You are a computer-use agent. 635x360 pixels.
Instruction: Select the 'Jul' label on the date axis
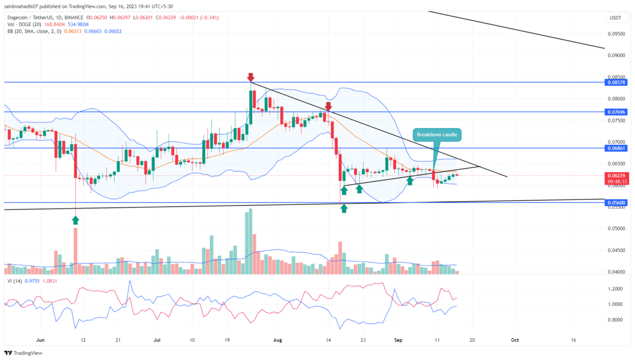(x=157, y=340)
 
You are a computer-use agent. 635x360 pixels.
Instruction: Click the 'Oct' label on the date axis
(x=514, y=340)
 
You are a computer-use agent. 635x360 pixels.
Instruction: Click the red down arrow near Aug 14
(x=328, y=106)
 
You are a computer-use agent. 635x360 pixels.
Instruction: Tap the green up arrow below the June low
(x=76, y=219)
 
